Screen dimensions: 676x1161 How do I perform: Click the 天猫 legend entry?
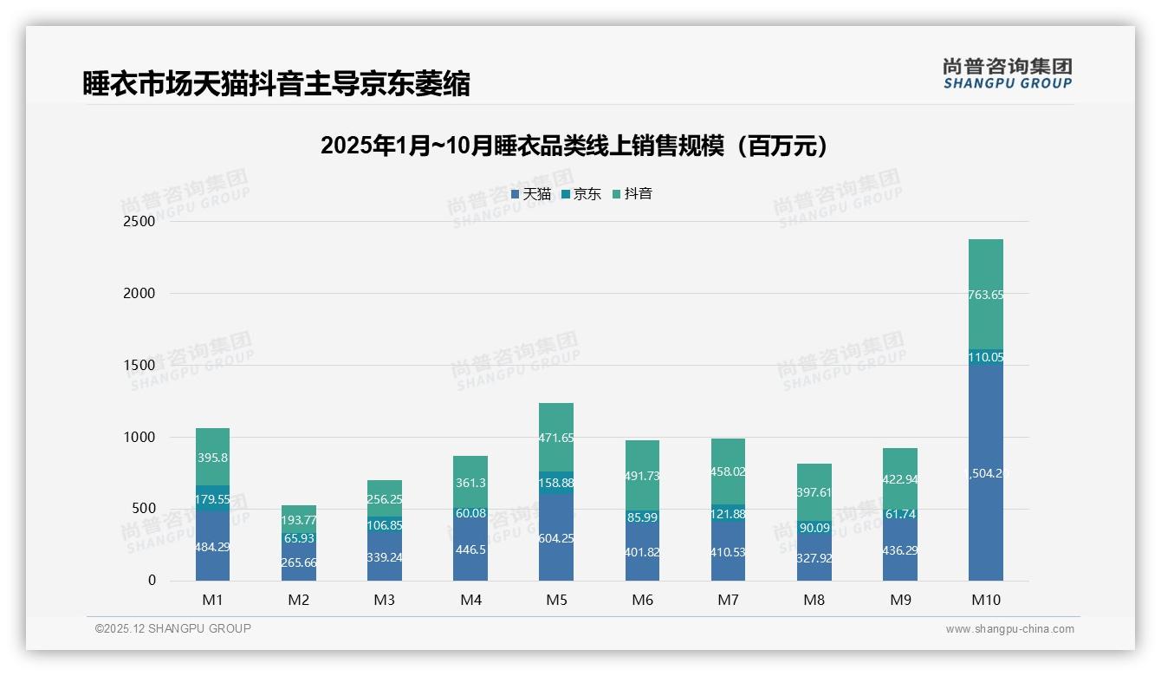pyautogui.click(x=531, y=194)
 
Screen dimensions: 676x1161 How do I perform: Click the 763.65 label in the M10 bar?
pyautogui.click(x=986, y=295)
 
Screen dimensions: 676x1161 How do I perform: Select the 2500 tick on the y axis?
pyautogui.click(x=139, y=221)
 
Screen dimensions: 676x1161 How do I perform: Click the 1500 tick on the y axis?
pyautogui.click(x=139, y=365)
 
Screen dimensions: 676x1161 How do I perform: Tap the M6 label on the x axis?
pyautogui.click(x=642, y=600)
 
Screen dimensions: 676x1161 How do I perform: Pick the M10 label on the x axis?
pyautogui.click(x=986, y=600)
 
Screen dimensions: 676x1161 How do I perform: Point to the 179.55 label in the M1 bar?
pyautogui.click(x=212, y=499)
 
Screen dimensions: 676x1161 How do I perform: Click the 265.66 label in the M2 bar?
pyautogui.click(x=299, y=562)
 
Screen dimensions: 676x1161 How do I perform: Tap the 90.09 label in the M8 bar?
pyautogui.click(x=814, y=527)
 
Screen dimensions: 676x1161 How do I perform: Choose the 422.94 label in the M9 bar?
pyautogui.click(x=900, y=479)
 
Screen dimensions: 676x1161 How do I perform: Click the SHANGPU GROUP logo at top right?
pyautogui.click(x=1008, y=74)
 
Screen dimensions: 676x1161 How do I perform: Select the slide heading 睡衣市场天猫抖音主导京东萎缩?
pyautogui.click(x=276, y=84)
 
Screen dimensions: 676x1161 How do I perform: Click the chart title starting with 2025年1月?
pyautogui.click(x=574, y=146)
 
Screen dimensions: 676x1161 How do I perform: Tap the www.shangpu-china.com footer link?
pyautogui.click(x=1009, y=629)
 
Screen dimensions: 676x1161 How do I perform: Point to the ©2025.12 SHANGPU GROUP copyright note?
pyautogui.click(x=173, y=628)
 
